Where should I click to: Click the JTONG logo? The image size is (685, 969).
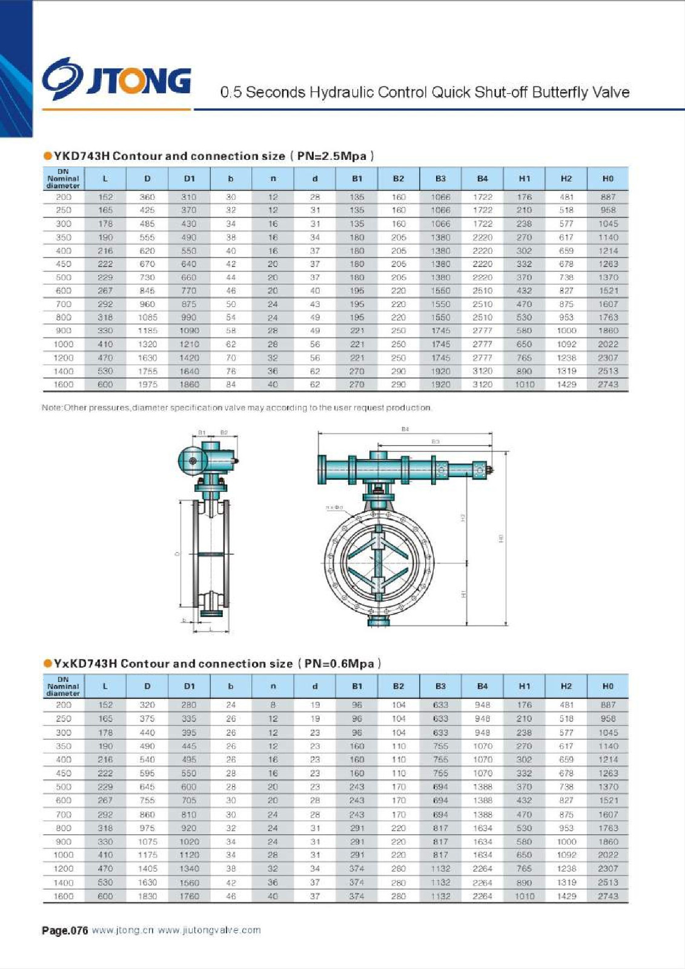coord(116,79)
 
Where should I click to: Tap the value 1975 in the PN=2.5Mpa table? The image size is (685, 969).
coord(147,385)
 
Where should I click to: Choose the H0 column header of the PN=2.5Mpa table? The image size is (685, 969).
coord(607,179)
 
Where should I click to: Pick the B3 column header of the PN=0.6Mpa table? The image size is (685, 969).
coord(440,686)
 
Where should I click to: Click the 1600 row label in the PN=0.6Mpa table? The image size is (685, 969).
coord(64,896)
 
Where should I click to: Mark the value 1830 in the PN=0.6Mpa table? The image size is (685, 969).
coord(147,896)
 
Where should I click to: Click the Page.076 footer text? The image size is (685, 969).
coord(65,931)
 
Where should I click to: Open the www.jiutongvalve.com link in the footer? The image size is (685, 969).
coord(209,931)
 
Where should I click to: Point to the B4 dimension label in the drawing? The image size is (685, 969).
coord(405,429)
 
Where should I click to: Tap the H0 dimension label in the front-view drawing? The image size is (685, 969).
coord(501,538)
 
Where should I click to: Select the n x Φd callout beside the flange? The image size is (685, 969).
coord(334,507)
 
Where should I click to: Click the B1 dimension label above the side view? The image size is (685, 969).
coord(202,432)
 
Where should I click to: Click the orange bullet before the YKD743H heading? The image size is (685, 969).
coord(48,156)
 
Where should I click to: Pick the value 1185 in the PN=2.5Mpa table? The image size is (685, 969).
coord(147,331)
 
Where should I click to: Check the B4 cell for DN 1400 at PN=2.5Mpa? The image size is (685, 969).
coord(482,371)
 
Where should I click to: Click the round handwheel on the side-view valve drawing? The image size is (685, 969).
coord(192,461)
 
